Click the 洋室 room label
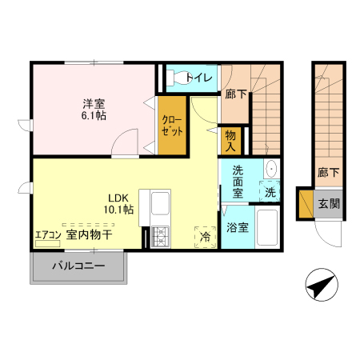[94, 103]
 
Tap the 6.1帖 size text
[94, 116]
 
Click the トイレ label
[202, 78]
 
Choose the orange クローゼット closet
[172, 125]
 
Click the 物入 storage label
[230, 142]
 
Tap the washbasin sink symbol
[270, 169]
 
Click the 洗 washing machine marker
[270, 192]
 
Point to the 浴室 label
[237, 228]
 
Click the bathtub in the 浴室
[266, 228]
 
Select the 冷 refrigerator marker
[206, 237]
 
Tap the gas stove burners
[158, 236]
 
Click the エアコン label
[47, 235]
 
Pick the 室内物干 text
[89, 234]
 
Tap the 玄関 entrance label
[329, 203]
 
